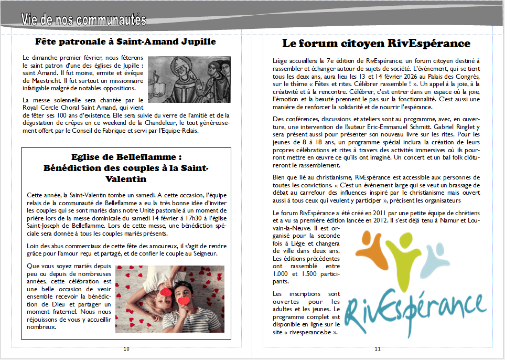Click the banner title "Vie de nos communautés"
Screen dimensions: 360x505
[83, 20]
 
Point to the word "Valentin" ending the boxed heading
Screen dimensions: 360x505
[126, 179]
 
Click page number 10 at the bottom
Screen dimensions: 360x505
[126, 349]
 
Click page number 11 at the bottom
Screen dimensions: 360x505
[378, 349]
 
